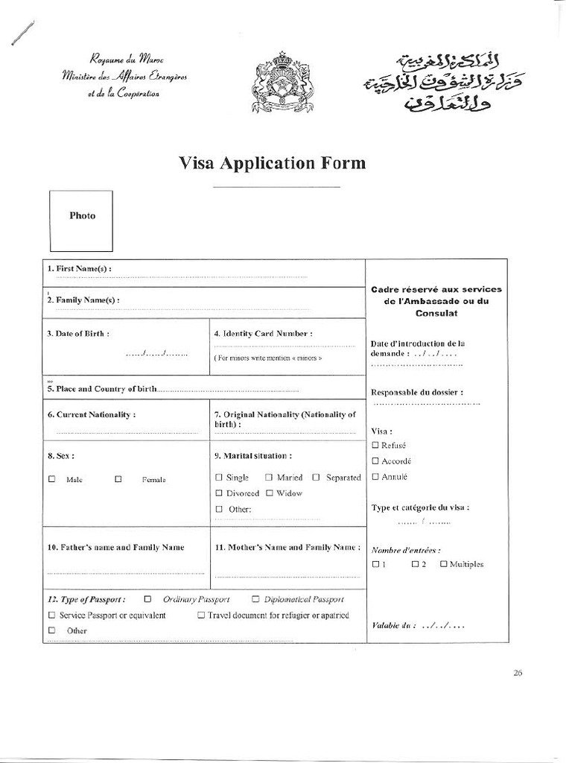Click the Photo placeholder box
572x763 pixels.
click(x=81, y=221)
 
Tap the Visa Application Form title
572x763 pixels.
click(x=273, y=162)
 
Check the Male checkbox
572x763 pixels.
click(x=52, y=479)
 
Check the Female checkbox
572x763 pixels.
click(x=118, y=479)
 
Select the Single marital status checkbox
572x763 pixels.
click(x=219, y=477)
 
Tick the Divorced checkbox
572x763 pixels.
click(x=219, y=493)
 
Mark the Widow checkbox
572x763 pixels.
click(x=270, y=493)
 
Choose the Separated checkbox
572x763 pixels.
click(x=317, y=477)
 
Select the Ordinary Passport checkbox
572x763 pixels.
click(x=147, y=598)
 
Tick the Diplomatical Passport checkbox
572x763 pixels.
click(x=255, y=598)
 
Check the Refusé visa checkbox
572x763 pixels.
click(x=375, y=445)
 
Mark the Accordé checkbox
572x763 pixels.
click(x=375, y=460)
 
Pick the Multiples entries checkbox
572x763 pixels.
click(x=444, y=564)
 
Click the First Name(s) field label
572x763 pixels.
click(x=79, y=268)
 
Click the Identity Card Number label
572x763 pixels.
click(x=263, y=334)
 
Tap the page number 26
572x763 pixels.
click(x=518, y=673)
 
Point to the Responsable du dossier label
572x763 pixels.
click(x=417, y=392)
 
